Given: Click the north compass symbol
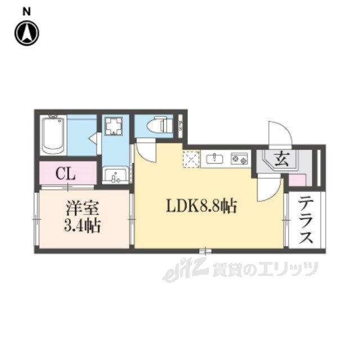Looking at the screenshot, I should [27, 33].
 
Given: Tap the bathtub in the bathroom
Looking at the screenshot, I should [54, 135].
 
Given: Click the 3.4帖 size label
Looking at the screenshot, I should [83, 227].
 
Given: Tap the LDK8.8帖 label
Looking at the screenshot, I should [200, 206].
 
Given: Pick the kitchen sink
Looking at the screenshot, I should [214, 159].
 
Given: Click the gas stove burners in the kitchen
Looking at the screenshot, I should [239, 159].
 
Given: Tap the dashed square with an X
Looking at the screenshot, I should [191, 159].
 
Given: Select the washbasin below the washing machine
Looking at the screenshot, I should [116, 176].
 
